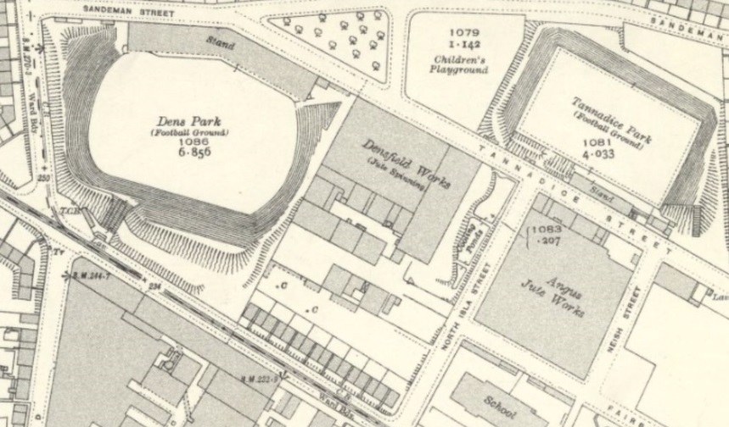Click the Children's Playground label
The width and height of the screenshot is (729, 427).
(x=461, y=65)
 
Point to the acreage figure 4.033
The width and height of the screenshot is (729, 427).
(x=608, y=156)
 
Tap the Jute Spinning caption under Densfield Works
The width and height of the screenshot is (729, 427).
(x=395, y=174)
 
